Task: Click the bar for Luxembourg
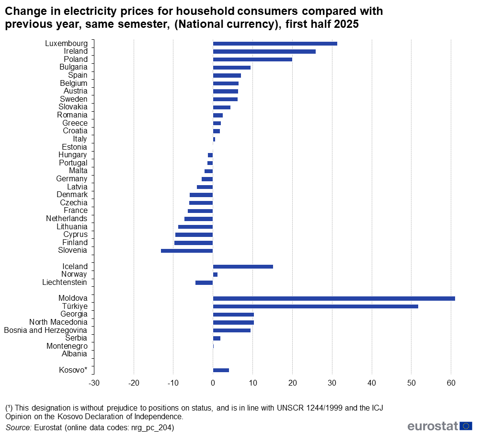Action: point(275,44)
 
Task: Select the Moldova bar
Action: point(334,298)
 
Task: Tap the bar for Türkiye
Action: point(315,306)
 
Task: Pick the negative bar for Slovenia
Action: point(187,251)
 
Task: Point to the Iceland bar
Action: point(243,267)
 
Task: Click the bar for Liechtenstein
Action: point(204,282)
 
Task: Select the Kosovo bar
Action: point(221,370)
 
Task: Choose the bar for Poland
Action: point(252,59)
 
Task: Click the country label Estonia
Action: point(74,147)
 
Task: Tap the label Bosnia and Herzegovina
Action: point(46,330)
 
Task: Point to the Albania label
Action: point(74,354)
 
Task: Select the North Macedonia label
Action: point(58,322)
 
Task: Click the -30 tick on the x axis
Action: point(94,383)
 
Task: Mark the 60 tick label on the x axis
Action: point(450,383)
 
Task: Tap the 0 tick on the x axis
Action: point(213,383)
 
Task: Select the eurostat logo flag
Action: point(466,426)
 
